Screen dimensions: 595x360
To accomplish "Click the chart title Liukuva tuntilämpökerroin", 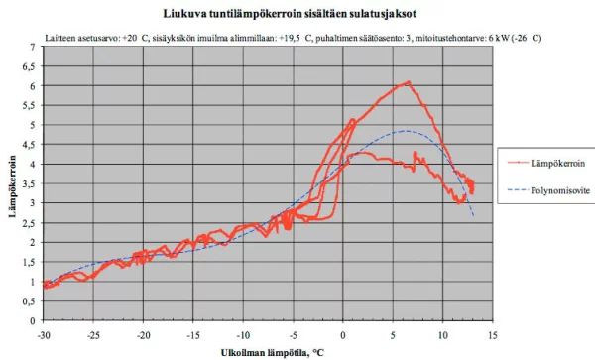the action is (x=232, y=14).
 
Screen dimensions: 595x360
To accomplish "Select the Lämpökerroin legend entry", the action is (x=546, y=163).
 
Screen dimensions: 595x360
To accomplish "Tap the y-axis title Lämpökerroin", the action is (x=13, y=185).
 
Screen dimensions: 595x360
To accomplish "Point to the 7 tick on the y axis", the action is (x=32, y=47).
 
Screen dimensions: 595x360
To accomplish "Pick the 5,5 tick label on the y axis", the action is (x=29, y=105).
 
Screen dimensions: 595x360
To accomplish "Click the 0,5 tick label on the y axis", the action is (x=29, y=301).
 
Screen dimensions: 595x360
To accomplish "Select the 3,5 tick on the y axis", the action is (x=29, y=184).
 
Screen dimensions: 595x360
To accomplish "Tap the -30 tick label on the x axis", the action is (x=44, y=335).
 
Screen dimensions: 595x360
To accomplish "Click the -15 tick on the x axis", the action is (x=193, y=335).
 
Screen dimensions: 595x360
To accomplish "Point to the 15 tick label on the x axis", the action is (x=493, y=335).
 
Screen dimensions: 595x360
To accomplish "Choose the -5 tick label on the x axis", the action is (x=293, y=335).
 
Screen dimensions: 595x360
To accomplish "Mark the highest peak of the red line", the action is (x=409, y=81).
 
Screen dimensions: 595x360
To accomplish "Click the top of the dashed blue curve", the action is (x=406, y=131).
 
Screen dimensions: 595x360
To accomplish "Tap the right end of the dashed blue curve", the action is (x=474, y=216).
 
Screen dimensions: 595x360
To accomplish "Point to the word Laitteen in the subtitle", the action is (x=57, y=38).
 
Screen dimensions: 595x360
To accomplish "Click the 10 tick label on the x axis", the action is (x=443, y=335).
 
